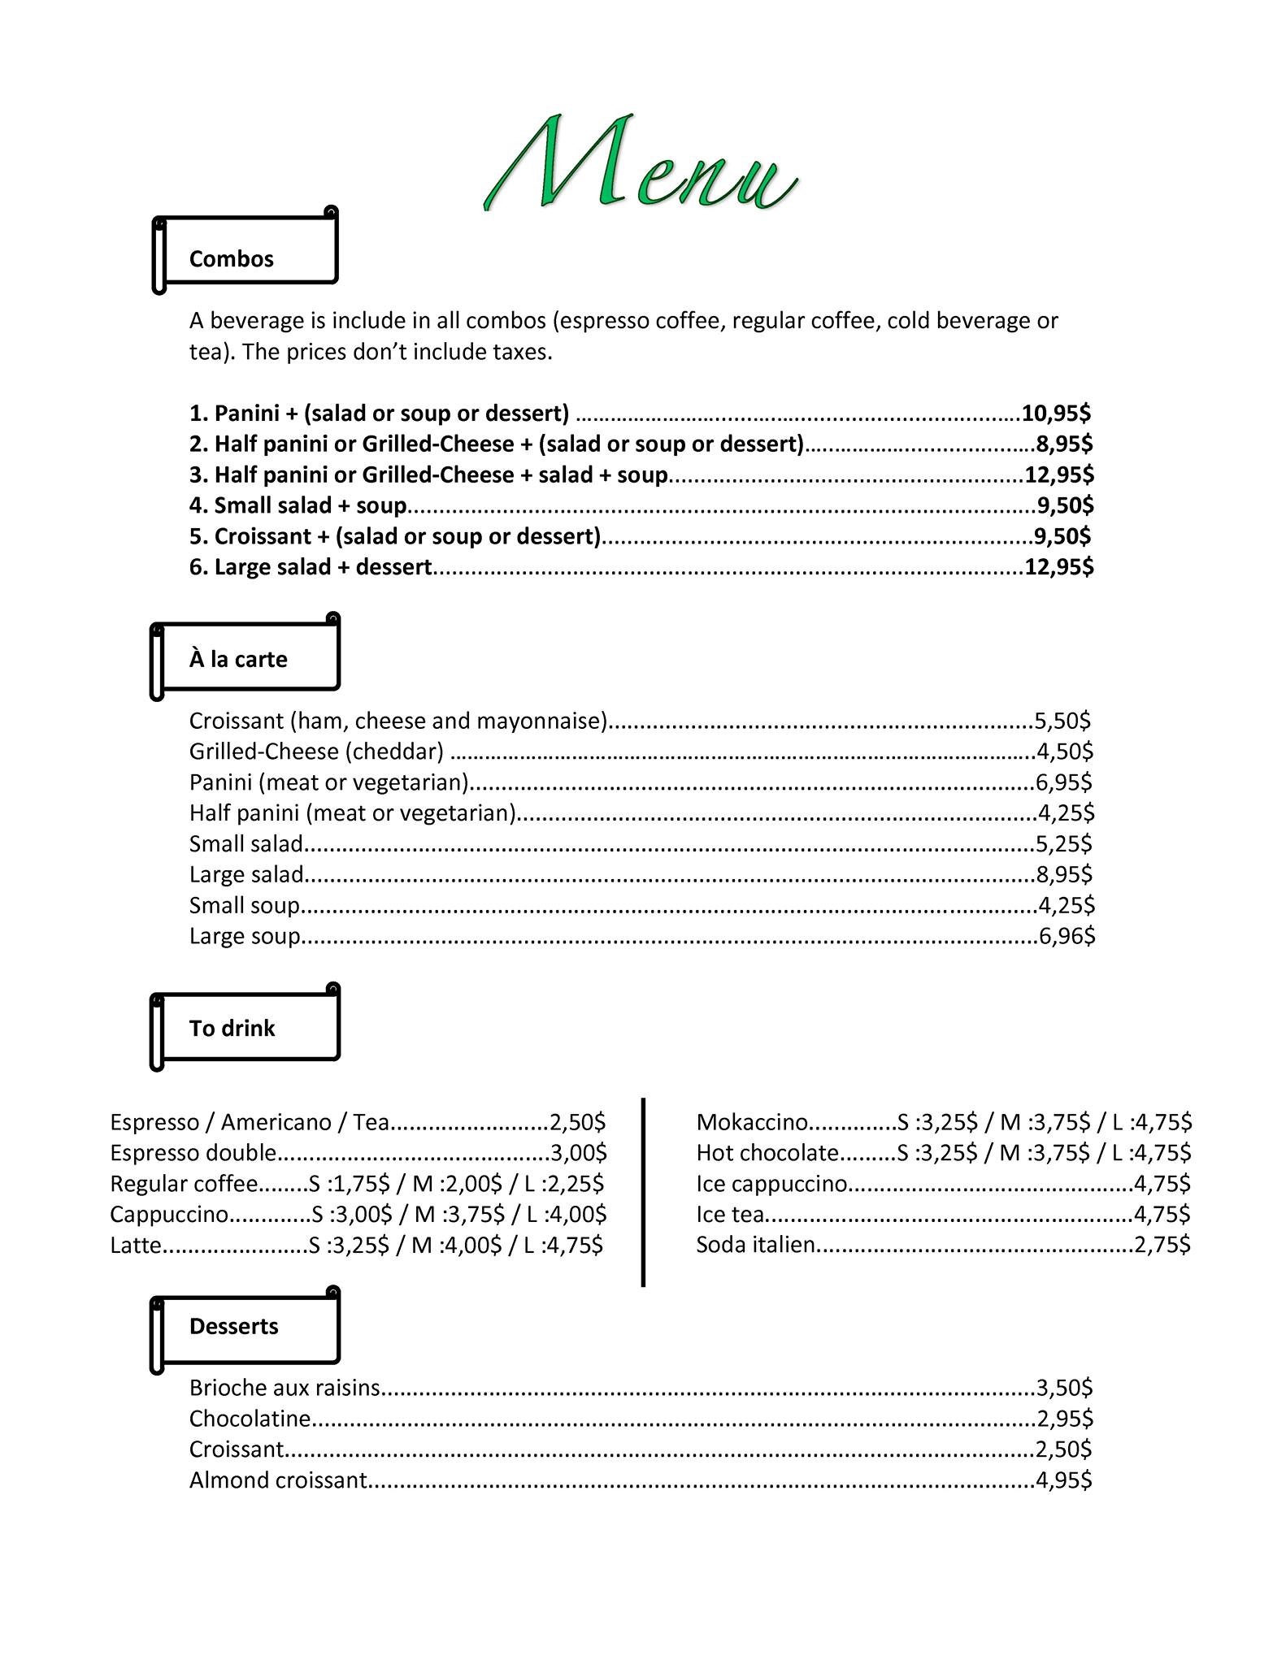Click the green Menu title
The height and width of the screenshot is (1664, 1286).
[x=641, y=165]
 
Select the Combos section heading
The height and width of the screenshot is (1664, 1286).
[x=232, y=259]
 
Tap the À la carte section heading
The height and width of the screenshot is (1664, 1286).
[x=238, y=659]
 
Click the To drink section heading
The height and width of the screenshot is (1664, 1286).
[x=232, y=1029]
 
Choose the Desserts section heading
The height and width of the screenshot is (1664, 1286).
[x=233, y=1326]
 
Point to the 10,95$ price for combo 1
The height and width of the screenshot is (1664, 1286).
[x=1056, y=414]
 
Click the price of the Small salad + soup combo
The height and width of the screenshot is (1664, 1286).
[x=1065, y=505]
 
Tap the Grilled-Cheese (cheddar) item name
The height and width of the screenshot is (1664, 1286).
[x=316, y=752]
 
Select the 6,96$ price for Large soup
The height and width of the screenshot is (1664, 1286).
[x=1067, y=936]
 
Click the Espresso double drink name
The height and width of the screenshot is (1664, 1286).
[x=193, y=1153]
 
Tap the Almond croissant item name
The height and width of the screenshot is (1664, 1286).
[x=278, y=1480]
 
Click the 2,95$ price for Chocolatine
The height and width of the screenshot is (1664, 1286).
[x=1065, y=1419]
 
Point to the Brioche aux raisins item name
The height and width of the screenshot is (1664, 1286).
[x=285, y=1388]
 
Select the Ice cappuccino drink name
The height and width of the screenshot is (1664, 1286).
[x=771, y=1184]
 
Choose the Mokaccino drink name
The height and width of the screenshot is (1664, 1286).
[x=752, y=1122]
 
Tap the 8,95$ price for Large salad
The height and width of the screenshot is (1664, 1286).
[x=1064, y=874]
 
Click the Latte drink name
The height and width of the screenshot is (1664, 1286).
[x=136, y=1245]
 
